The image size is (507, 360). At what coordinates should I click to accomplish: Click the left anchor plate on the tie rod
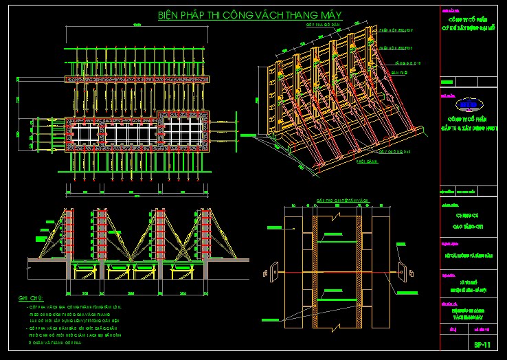point(270,269)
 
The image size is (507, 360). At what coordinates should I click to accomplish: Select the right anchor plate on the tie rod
point(401,269)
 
